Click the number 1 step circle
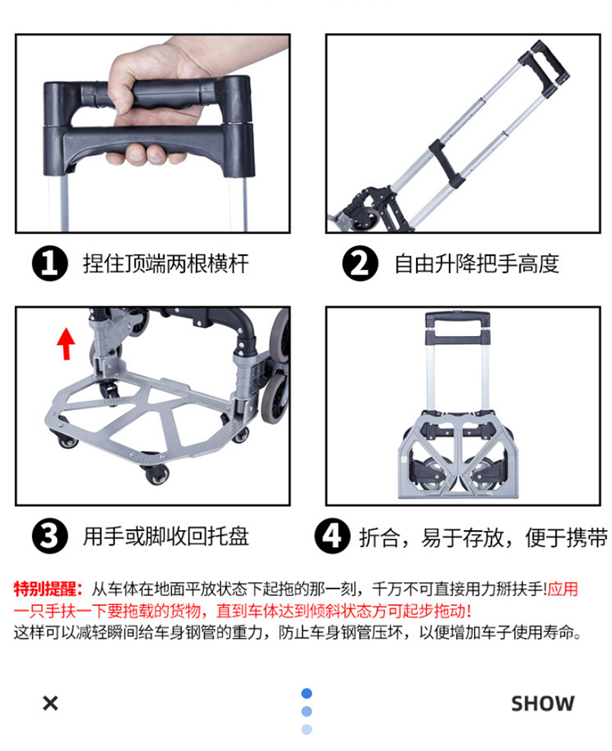tap(50, 263)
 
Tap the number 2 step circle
tap(361, 263)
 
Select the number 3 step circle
tap(50, 536)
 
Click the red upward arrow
tap(66, 343)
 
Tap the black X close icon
tap(51, 703)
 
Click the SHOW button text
tap(543, 704)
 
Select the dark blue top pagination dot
tap(307, 693)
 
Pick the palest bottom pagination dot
tap(307, 730)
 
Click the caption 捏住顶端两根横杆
tap(166, 264)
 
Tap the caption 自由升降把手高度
tap(477, 264)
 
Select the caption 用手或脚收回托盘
tap(166, 537)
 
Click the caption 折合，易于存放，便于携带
tap(484, 537)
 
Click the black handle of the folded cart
tap(458, 328)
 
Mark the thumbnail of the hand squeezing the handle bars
tap(153, 134)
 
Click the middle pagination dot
tap(307, 711)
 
